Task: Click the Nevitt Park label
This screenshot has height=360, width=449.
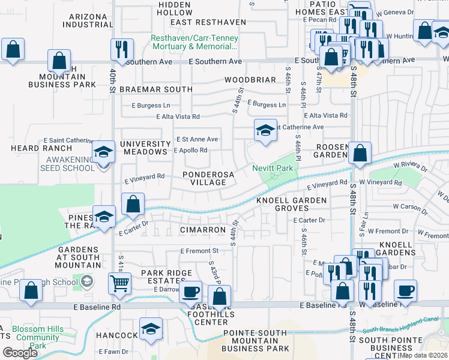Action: coord(272,169)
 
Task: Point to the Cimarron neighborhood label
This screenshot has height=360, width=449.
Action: coord(202,230)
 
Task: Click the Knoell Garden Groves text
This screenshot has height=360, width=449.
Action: coord(292,204)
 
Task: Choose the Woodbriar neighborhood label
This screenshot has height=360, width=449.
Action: coord(250,80)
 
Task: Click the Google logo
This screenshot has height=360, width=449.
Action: coord(20,352)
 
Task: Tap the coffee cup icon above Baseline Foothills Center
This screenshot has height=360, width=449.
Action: coord(191,291)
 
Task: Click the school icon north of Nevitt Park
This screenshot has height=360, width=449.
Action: coord(265,130)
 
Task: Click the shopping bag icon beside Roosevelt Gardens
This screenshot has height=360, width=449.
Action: coord(360,153)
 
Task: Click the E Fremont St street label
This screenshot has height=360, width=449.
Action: coord(199,251)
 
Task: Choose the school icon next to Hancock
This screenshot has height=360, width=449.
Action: coord(151,328)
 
